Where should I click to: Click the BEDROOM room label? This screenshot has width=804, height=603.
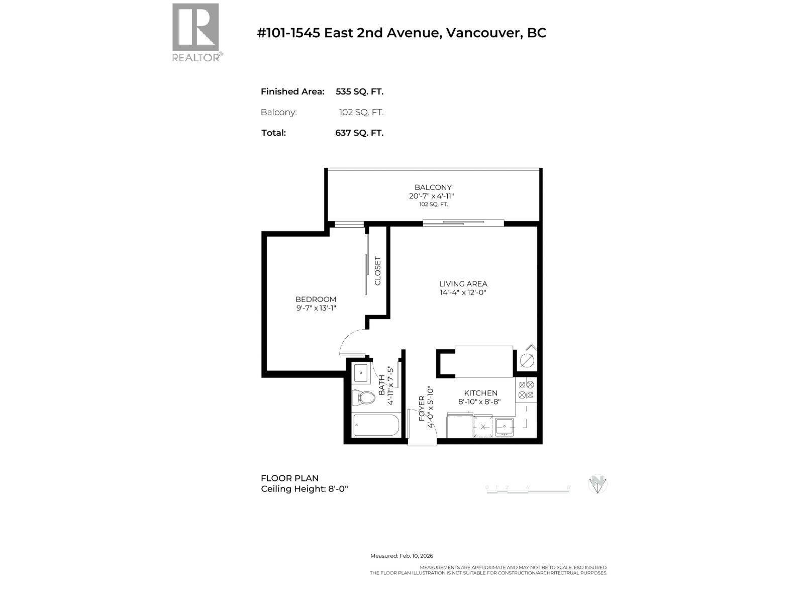tap(316, 299)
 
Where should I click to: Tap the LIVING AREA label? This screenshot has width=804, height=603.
tap(463, 284)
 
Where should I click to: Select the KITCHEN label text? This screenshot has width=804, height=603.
tap(480, 393)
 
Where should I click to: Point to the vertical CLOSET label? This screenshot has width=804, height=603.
tap(378, 271)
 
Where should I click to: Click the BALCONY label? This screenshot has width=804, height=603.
tap(433, 187)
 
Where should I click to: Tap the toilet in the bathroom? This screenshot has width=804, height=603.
tap(363, 398)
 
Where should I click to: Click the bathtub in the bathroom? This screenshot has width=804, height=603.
tap(376, 426)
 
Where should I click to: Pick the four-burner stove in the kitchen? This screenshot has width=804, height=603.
tap(527, 389)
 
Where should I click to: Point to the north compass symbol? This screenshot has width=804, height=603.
tap(597, 484)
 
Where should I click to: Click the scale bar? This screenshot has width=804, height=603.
tap(528, 489)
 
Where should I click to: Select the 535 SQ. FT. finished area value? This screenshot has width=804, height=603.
tap(359, 91)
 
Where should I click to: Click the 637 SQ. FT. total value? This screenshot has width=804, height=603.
tap(359, 133)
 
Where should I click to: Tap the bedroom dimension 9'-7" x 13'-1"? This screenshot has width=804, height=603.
tap(316, 308)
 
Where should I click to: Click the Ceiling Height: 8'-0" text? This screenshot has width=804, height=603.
tap(304, 489)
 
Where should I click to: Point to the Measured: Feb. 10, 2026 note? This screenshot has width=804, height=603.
tap(401, 556)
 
